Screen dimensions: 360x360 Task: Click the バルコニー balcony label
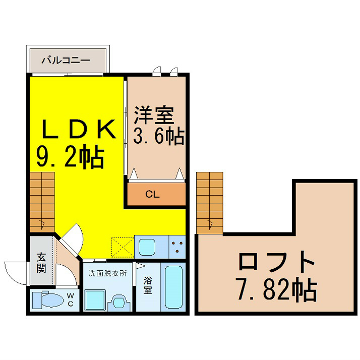(66, 61)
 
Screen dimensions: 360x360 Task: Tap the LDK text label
(78, 129)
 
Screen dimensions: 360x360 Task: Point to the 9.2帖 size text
(71, 156)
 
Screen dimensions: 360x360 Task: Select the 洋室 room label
(154, 115)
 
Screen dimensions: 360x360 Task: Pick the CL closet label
(152, 195)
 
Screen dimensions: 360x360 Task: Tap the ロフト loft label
(276, 261)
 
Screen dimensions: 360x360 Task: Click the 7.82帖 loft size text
(277, 290)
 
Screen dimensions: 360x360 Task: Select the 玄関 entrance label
(41, 263)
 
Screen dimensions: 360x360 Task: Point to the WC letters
(70, 300)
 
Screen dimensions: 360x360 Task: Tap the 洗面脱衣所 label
(107, 273)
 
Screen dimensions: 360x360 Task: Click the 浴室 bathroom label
(148, 285)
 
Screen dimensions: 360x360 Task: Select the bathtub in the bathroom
(173, 287)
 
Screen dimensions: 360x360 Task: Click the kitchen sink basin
(147, 247)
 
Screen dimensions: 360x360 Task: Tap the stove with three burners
(177, 247)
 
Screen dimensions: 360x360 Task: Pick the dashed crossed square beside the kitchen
(123, 247)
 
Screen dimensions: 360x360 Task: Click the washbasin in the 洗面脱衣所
(119, 303)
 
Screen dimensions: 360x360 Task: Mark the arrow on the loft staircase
(210, 224)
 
